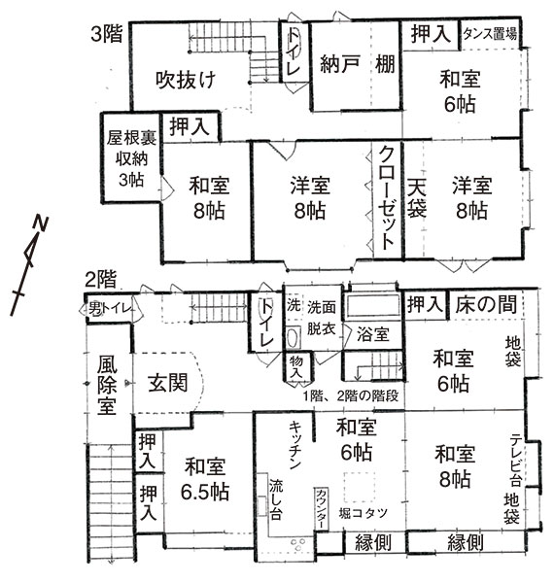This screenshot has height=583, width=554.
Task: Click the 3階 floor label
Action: [107, 34]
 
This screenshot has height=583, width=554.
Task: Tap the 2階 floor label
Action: [100, 280]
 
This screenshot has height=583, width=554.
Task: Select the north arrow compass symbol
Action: [29, 264]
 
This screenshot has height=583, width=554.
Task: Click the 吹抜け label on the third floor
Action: [186, 80]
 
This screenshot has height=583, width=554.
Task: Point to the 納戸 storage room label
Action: [339, 64]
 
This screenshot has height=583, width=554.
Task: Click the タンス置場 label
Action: [490, 34]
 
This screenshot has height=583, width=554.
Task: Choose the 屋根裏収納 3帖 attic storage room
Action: [131, 157]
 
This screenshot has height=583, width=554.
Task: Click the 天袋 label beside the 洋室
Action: [416, 198]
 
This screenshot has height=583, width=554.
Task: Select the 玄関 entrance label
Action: [168, 383]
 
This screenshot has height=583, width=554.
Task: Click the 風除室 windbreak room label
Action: [107, 385]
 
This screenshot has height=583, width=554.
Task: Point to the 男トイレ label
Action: [110, 309]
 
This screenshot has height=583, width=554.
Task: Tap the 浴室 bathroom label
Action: [373, 334]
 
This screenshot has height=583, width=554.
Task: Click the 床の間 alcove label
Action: [486, 304]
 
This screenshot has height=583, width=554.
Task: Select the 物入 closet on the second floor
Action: [296, 367]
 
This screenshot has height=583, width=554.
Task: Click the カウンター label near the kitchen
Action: [321, 508]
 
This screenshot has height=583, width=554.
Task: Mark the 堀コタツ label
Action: [364, 513]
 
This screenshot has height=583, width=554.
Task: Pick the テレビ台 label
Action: [515, 460]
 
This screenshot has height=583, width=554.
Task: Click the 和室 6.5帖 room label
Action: [205, 479]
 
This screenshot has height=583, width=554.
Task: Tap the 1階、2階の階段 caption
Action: [351, 396]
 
